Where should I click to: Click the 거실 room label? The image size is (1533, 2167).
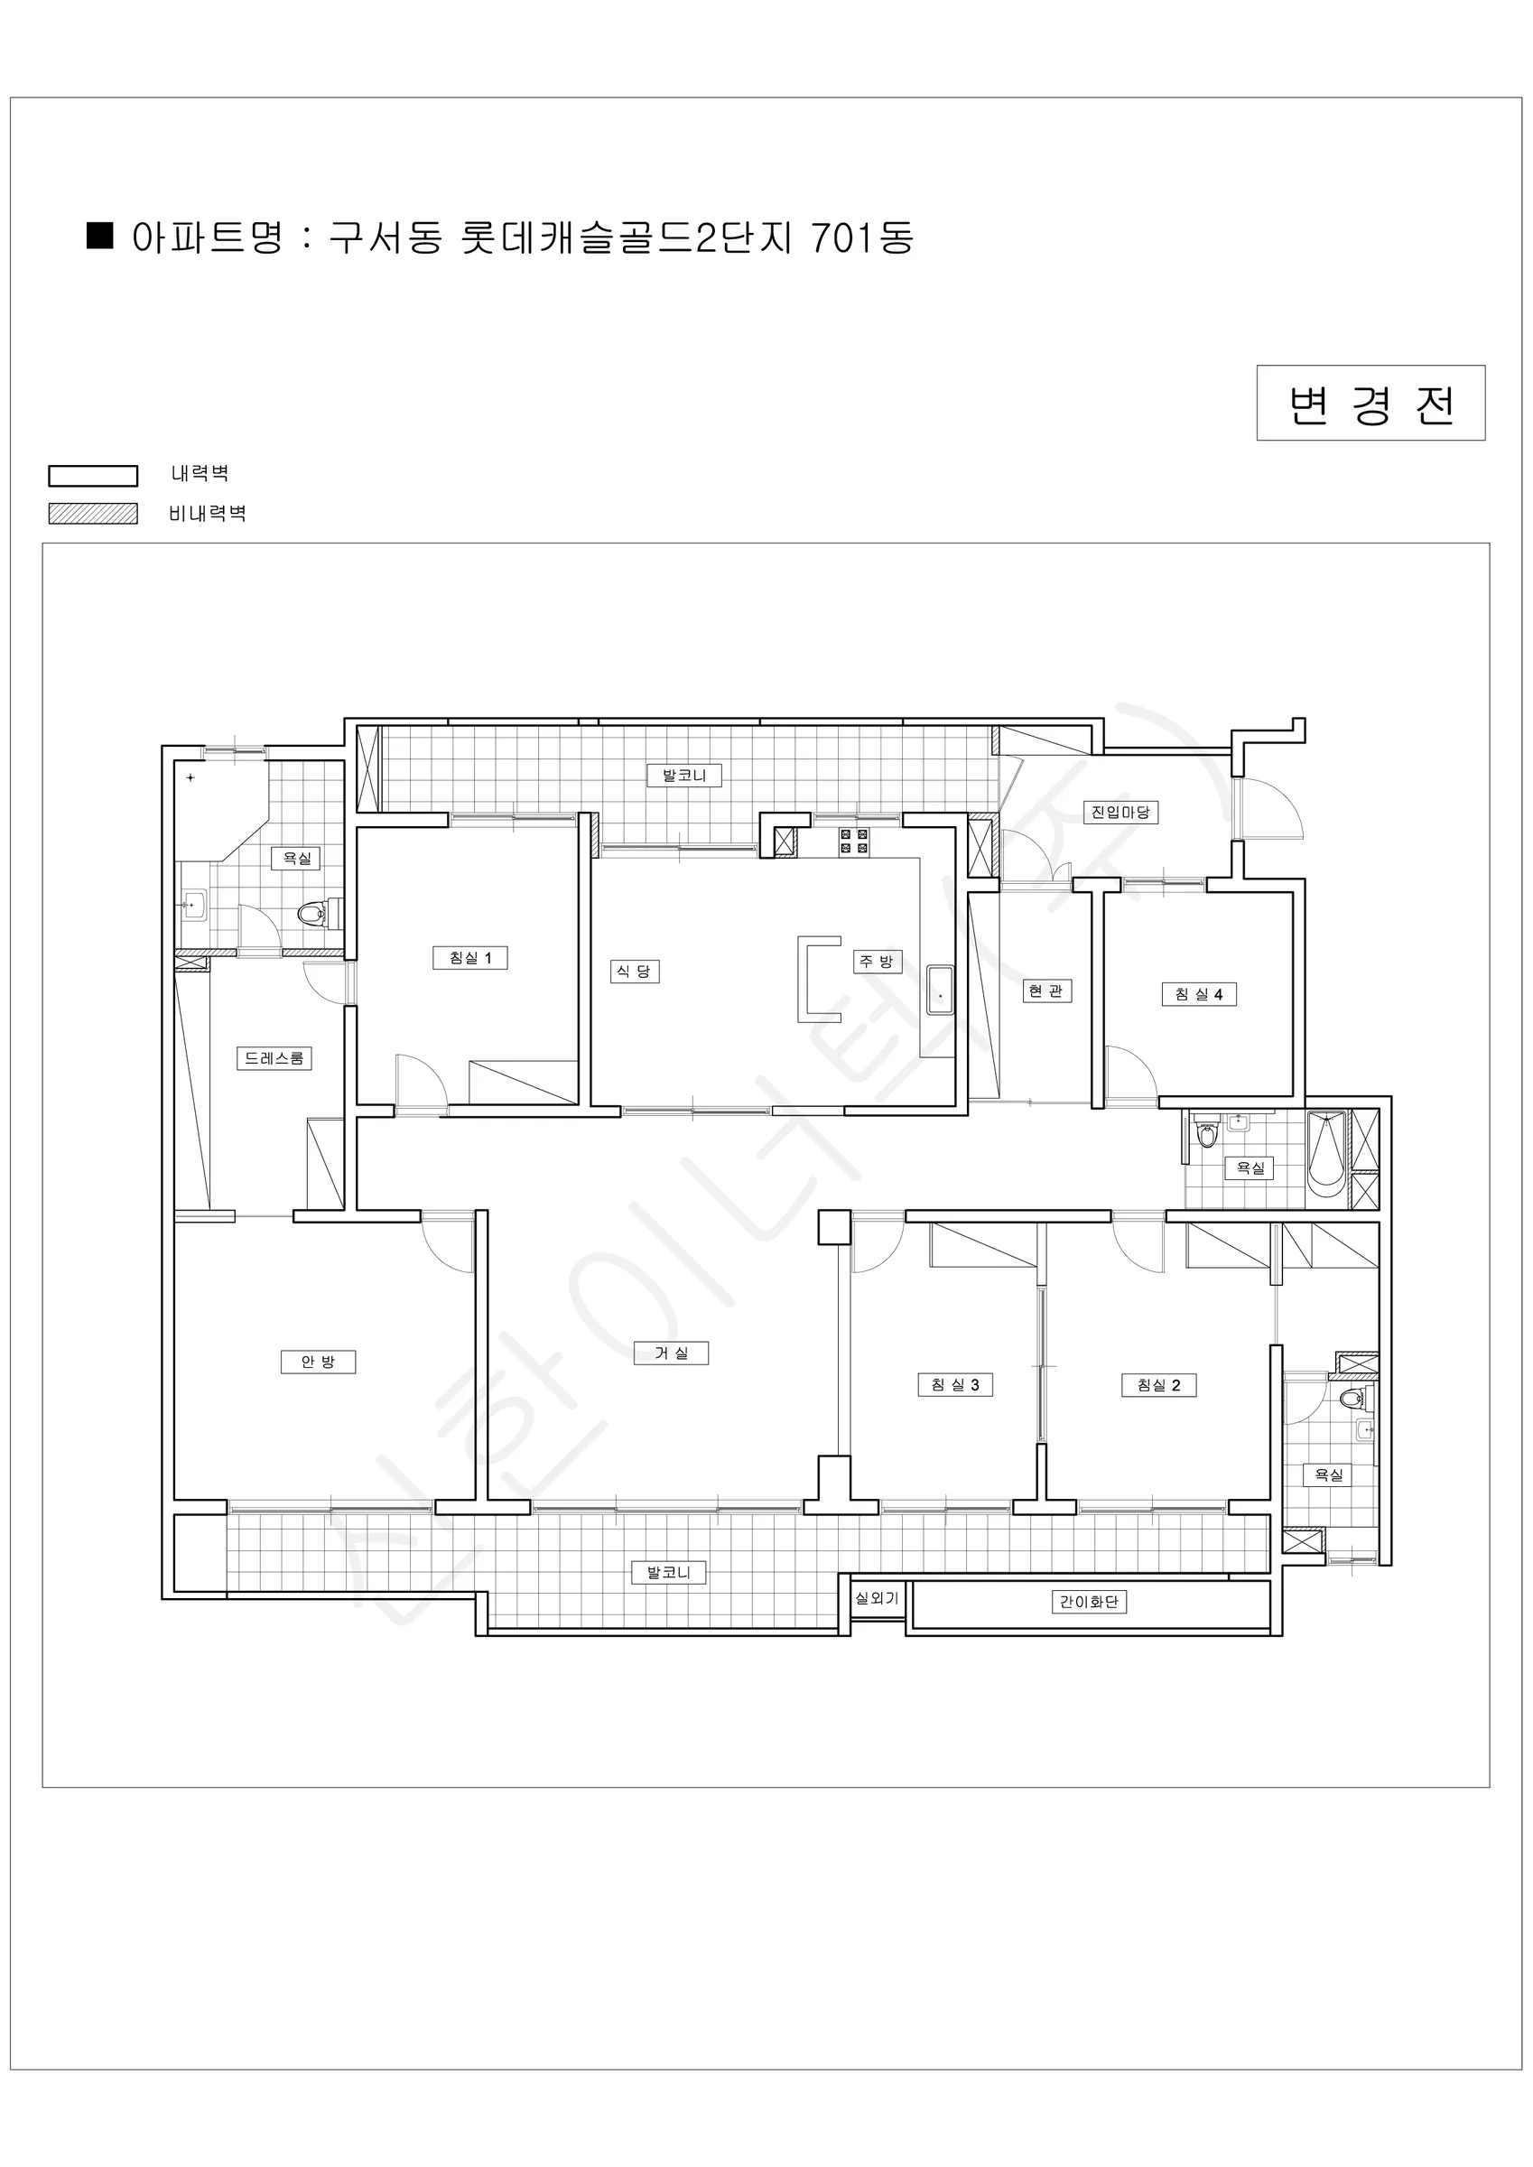[x=672, y=1353]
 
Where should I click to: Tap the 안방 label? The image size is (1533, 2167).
[x=318, y=1361]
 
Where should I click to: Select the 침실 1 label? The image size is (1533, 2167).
[x=470, y=957]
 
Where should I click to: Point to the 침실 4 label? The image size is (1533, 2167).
[x=1199, y=994]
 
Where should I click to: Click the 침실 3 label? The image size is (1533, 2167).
[x=955, y=1384]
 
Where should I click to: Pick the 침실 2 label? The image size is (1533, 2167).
[x=1159, y=1384]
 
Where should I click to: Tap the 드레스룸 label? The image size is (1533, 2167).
[x=274, y=1058]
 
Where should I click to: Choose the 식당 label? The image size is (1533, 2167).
[x=635, y=972]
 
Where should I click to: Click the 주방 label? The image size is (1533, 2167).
[x=878, y=961]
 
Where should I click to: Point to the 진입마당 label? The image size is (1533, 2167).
[x=1120, y=812]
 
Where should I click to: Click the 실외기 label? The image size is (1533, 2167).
[x=877, y=1598]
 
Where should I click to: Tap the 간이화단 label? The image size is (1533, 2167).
[x=1089, y=1602]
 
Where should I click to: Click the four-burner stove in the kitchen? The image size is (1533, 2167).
[x=853, y=841]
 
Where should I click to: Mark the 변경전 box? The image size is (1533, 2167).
[x=1370, y=403]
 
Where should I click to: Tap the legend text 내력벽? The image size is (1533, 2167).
[x=200, y=473]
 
